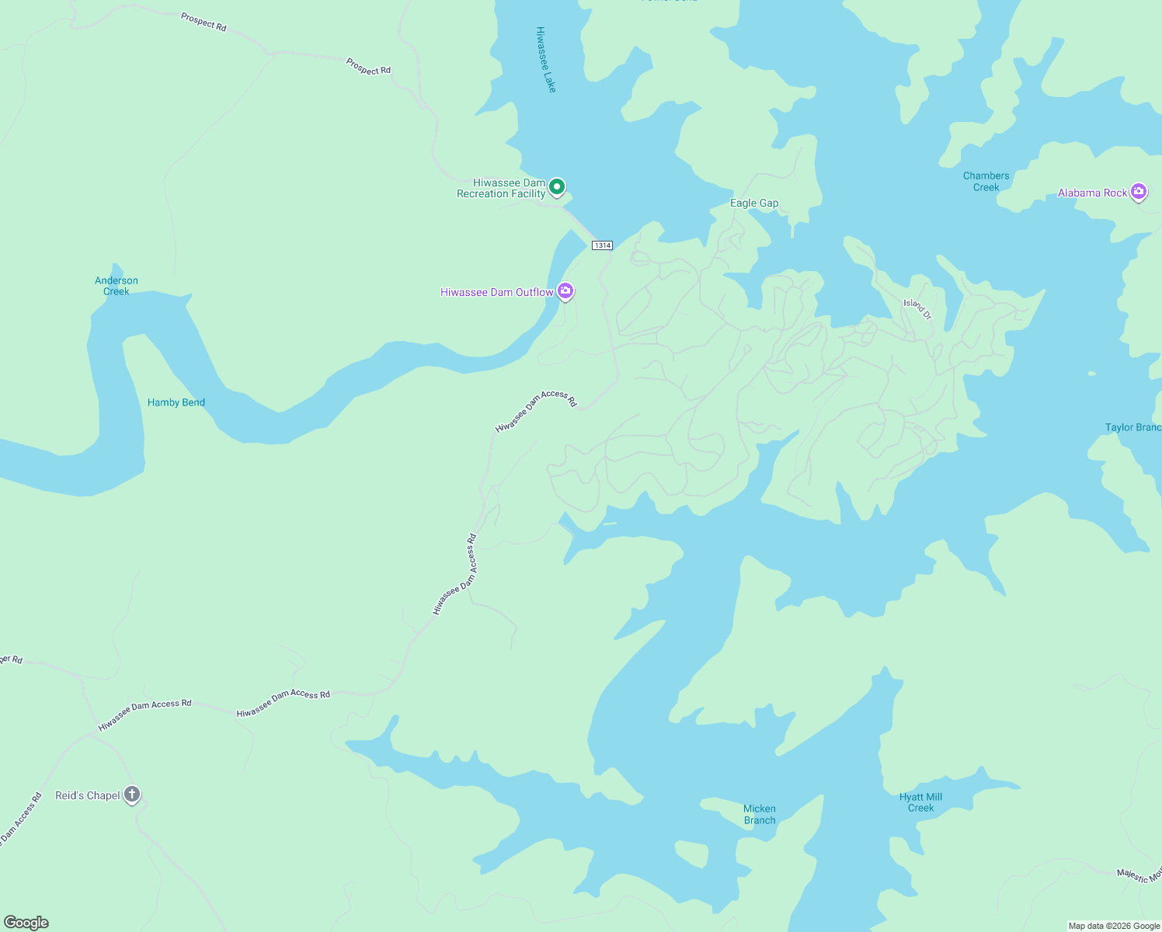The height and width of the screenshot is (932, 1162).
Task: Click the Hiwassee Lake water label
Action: click(546, 60)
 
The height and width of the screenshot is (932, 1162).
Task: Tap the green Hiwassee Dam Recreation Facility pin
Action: click(557, 187)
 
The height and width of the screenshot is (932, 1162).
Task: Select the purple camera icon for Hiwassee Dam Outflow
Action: click(565, 291)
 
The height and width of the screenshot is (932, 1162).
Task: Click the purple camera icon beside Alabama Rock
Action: click(1138, 191)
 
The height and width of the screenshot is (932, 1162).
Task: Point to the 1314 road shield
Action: click(602, 245)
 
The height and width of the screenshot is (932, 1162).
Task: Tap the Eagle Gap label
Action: click(753, 203)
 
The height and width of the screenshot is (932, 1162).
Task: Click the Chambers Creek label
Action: click(986, 182)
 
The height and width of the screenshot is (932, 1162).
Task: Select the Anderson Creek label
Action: click(117, 286)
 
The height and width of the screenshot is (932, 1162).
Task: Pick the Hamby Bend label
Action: click(176, 402)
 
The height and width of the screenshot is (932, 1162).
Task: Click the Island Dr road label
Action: click(917, 308)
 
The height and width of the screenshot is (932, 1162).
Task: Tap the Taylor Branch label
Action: click(1132, 428)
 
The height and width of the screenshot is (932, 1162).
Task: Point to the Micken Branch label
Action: click(759, 815)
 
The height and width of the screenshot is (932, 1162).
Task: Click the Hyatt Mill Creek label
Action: click(920, 802)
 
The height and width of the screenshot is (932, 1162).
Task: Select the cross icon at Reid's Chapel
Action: click(132, 794)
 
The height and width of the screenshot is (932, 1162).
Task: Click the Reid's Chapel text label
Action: click(88, 795)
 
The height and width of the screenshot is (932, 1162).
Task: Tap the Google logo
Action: click(26, 923)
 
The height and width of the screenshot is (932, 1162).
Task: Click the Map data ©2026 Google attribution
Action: click(1114, 926)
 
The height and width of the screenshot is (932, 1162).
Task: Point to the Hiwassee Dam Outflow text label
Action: click(496, 293)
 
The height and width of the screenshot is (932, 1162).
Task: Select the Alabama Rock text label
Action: click(1092, 193)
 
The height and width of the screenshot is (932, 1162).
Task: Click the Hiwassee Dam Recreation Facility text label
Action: click(501, 189)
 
